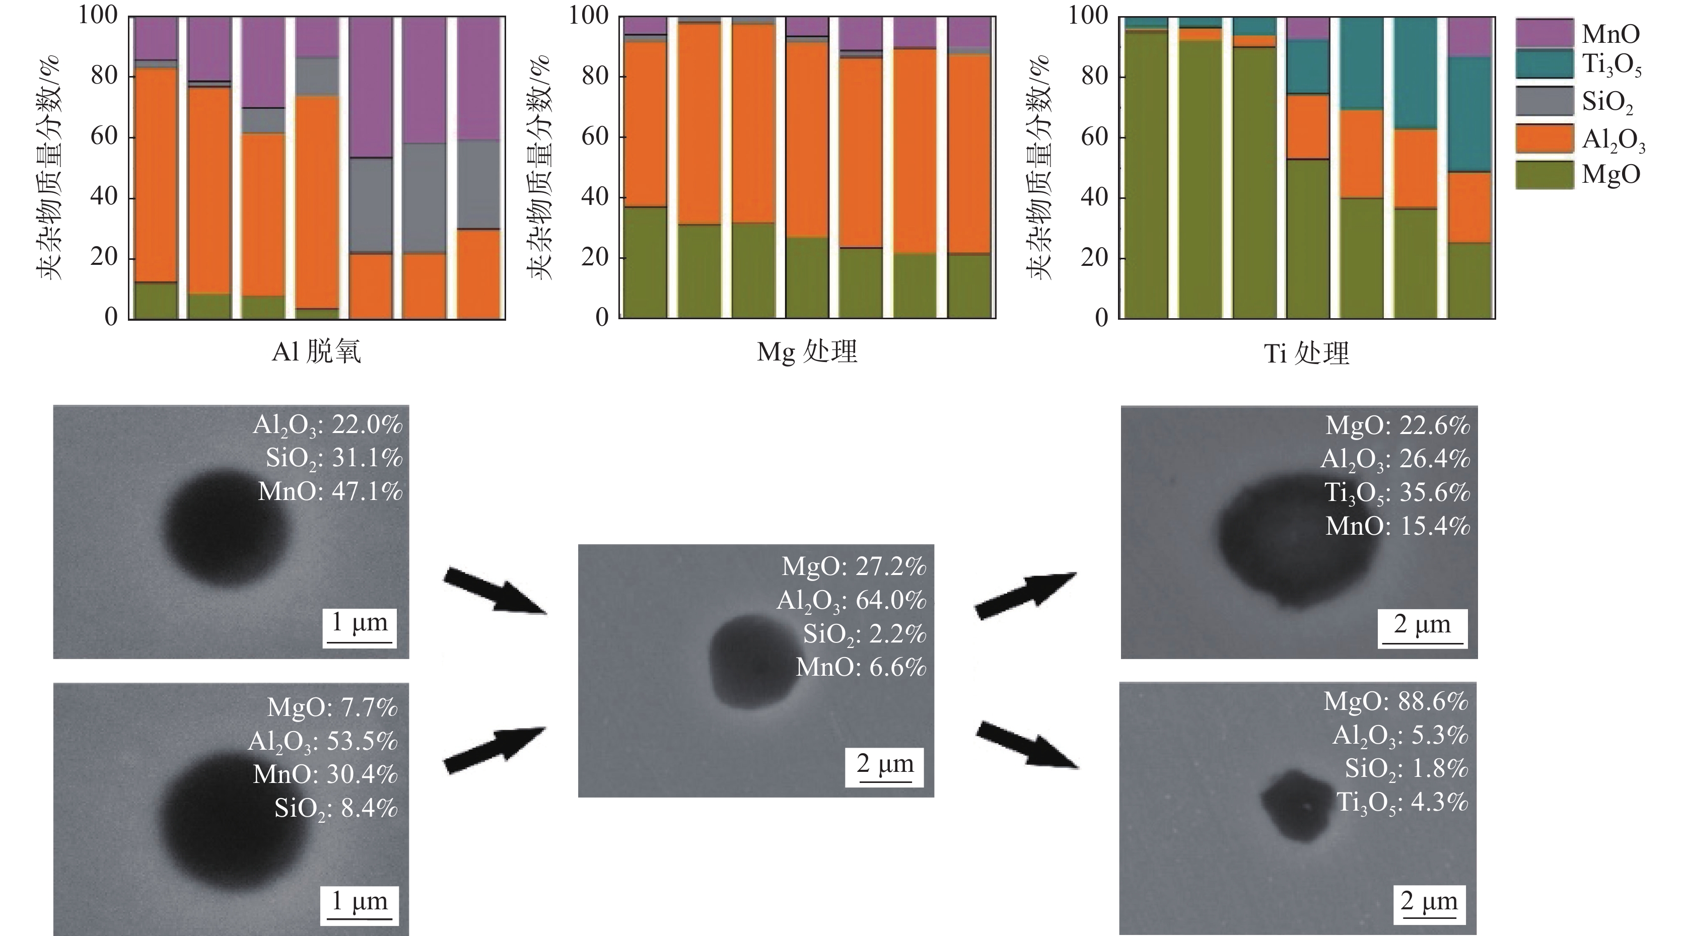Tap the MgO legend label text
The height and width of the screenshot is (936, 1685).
tap(1611, 174)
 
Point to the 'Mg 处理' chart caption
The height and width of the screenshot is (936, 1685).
tap(807, 352)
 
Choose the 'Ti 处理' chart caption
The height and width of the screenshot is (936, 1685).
tap(1306, 353)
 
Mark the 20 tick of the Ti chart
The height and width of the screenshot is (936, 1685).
tap(1094, 258)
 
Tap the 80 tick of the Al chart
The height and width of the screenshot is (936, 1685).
tap(104, 76)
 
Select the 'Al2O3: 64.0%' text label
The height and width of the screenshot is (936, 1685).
tap(851, 600)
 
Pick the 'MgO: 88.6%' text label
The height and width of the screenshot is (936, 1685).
tap(1396, 701)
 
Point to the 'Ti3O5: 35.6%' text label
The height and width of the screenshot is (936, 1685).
tap(1397, 492)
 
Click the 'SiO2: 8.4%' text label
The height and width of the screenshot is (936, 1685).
tap(335, 809)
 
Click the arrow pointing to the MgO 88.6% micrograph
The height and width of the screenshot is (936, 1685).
tap(1027, 744)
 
